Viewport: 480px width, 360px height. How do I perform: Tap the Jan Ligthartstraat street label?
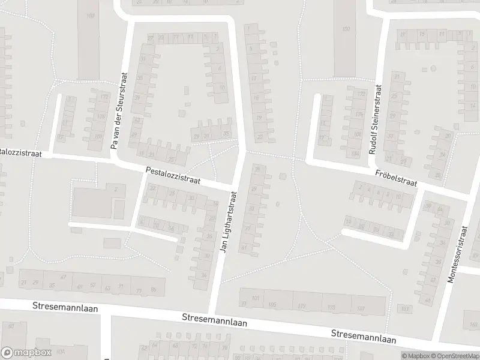point(229,221)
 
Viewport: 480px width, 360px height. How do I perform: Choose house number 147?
point(360,308)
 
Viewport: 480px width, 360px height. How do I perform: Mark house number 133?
point(331,307)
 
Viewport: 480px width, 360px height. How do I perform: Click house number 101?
point(256,298)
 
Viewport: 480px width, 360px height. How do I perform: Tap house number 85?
point(154,290)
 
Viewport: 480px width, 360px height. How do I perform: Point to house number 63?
point(108,288)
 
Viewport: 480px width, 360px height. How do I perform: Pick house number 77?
point(139,290)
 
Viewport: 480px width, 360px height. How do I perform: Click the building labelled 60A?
point(60,353)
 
